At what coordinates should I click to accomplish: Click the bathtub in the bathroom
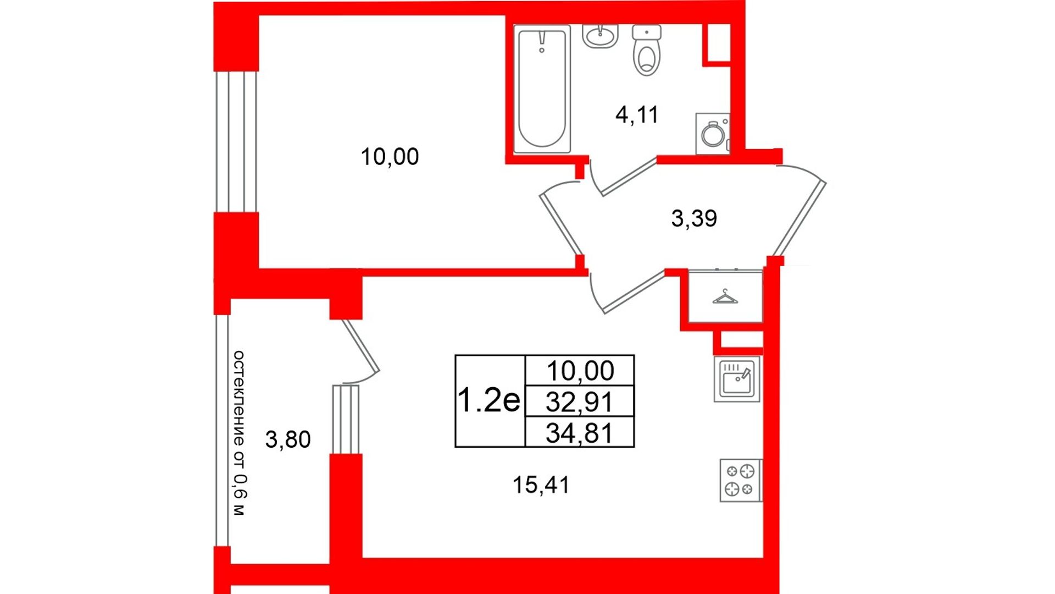pyautogui.click(x=542, y=89)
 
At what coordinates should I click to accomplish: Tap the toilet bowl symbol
pyautogui.click(x=647, y=50)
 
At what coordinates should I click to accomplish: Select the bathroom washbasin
pyautogui.click(x=600, y=36)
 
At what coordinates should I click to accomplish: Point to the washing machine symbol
pyautogui.click(x=713, y=134)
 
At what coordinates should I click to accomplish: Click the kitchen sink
pyautogui.click(x=737, y=379)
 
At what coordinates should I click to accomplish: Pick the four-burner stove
pyautogui.click(x=741, y=480)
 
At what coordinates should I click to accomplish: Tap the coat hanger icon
pyautogui.click(x=725, y=297)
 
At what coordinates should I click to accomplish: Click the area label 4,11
pyautogui.click(x=637, y=114)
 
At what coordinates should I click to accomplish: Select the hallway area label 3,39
pyautogui.click(x=694, y=218)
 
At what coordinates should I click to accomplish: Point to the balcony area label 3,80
pyautogui.click(x=288, y=439)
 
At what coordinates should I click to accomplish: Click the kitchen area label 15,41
pyautogui.click(x=541, y=485)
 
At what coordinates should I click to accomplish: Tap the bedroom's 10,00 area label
pyautogui.click(x=390, y=157)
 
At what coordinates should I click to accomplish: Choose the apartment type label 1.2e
pyautogui.click(x=488, y=400)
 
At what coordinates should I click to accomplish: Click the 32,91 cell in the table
pyautogui.click(x=580, y=402)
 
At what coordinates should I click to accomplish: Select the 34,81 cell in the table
pyautogui.click(x=580, y=432)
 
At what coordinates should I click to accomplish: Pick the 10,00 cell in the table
pyautogui.click(x=580, y=371)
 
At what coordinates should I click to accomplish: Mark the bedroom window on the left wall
pyautogui.click(x=236, y=141)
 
